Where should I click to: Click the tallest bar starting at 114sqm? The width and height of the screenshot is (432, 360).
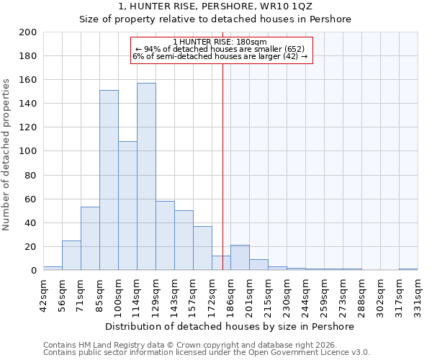click(146, 176)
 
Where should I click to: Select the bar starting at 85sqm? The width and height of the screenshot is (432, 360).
click(109, 180)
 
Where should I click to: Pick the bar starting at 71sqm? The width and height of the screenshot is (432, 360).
click(90, 238)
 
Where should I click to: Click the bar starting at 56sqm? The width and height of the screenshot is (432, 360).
click(71, 255)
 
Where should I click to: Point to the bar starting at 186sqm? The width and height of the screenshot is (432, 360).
click(240, 258)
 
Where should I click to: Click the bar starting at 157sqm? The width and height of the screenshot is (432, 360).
click(202, 248)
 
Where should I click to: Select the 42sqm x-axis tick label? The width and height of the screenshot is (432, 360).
click(43, 292)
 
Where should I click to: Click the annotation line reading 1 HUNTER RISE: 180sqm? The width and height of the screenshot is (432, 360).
click(220, 42)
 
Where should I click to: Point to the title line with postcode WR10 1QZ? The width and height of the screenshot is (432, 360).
click(215, 6)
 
